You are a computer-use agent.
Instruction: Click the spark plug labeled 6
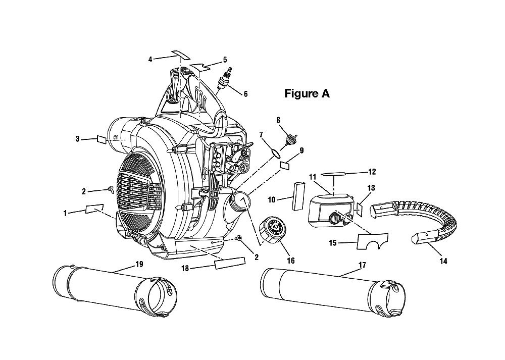pyautogui.click(x=225, y=79)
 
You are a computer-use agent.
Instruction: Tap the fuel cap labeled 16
pyautogui.click(x=272, y=230)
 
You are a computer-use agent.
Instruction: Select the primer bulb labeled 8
pyautogui.click(x=291, y=140)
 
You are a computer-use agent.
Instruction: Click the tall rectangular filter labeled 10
pyautogui.click(x=298, y=196)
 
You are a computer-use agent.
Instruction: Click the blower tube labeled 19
pyautogui.click(x=115, y=291)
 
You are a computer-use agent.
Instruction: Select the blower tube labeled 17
pyautogui.click(x=333, y=291)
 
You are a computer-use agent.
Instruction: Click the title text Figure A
pyautogui.click(x=307, y=93)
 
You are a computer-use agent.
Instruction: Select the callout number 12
pyautogui.click(x=372, y=172)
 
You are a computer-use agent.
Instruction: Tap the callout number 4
pyautogui.click(x=150, y=59)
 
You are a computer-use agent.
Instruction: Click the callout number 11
pyautogui.click(x=313, y=177)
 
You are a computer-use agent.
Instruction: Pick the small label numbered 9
pyautogui.click(x=285, y=166)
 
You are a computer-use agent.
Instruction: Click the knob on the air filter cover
pyautogui.click(x=334, y=218)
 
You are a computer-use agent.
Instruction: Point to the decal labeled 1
pyautogui.click(x=94, y=209)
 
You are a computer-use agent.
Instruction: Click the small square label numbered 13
pyautogui.click(x=360, y=208)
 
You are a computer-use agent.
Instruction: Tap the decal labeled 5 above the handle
pyautogui.click(x=200, y=67)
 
